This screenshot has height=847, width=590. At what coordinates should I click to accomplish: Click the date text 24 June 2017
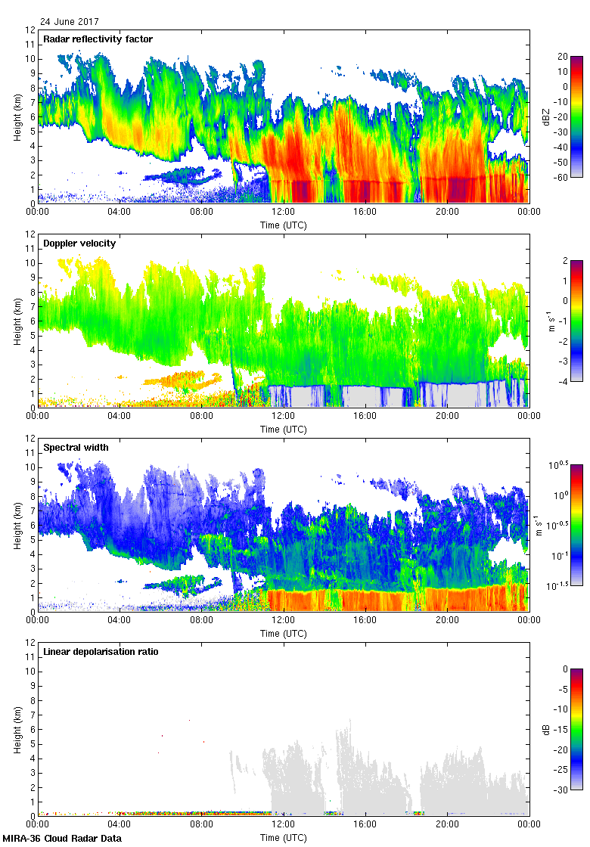coord(70,22)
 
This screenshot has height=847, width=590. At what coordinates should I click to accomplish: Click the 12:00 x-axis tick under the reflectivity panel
coord(283,213)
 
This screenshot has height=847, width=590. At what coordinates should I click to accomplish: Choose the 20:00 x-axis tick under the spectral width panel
coord(447,621)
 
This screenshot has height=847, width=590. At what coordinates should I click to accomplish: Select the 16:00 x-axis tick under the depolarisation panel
coord(365,825)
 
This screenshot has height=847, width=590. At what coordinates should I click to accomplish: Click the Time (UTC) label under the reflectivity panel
coord(283,225)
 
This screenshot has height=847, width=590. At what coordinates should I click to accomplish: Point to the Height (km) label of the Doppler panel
coord(17,321)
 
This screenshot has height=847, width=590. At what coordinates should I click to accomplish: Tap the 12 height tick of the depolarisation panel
coord(29,643)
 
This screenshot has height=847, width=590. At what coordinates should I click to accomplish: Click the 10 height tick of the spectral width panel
coord(29,467)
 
